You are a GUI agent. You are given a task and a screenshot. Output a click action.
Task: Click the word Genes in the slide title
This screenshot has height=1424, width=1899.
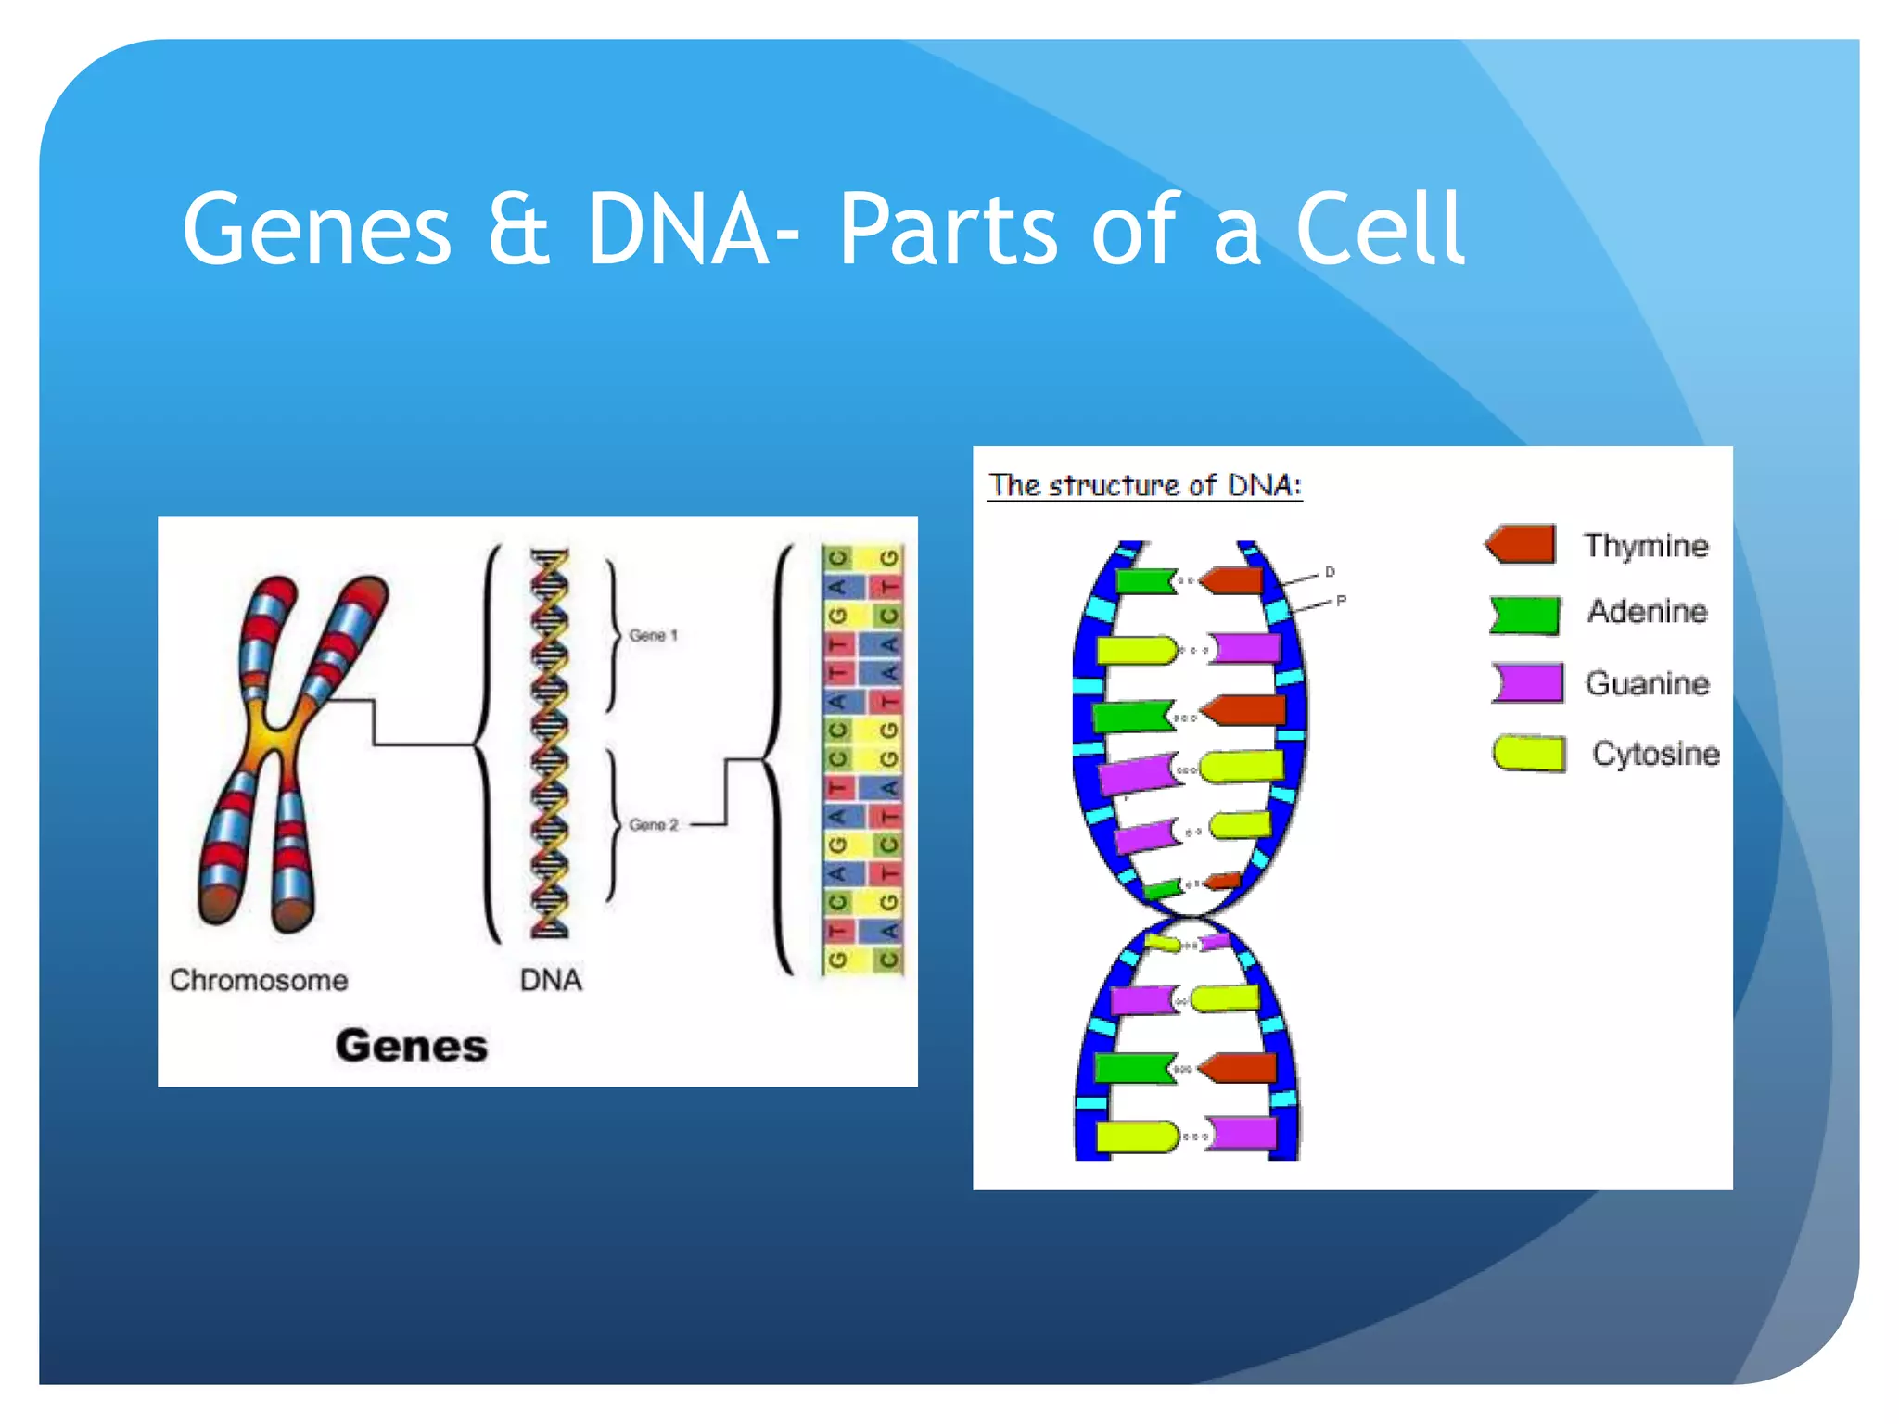click(x=316, y=229)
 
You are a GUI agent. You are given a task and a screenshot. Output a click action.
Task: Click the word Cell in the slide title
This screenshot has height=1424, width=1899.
click(x=1379, y=229)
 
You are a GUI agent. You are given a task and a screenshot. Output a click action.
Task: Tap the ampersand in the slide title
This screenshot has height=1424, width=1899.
click(x=518, y=231)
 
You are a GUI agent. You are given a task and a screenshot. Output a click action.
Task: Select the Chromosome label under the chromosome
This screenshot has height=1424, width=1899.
click(x=259, y=980)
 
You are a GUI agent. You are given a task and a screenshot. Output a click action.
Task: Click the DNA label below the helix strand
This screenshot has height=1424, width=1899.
click(x=551, y=980)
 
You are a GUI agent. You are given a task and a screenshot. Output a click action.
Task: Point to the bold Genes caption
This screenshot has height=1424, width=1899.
click(x=411, y=1046)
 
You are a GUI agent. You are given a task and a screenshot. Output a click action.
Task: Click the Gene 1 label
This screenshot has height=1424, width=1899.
click(x=653, y=635)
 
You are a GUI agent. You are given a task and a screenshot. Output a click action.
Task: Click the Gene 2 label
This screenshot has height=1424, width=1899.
click(x=653, y=824)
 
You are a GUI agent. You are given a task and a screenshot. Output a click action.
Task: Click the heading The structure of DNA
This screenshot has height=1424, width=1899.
click(x=1144, y=485)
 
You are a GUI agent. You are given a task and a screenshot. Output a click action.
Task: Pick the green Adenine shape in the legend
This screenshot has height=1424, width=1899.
click(x=1525, y=615)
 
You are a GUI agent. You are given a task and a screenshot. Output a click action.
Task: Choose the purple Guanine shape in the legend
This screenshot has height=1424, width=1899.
click(x=1527, y=682)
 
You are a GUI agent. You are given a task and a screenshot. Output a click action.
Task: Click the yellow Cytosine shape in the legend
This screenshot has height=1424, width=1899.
click(x=1529, y=753)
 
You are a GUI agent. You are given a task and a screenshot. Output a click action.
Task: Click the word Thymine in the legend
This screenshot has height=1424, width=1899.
click(x=1645, y=545)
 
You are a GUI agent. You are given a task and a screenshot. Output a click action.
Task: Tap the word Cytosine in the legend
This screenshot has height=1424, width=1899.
click(x=1655, y=753)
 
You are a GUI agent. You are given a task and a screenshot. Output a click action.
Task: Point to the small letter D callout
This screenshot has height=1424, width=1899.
click(x=1330, y=572)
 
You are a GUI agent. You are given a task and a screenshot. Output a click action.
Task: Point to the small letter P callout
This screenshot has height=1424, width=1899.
click(x=1341, y=601)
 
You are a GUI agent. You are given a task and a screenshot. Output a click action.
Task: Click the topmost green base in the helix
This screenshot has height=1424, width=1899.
click(x=1144, y=581)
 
